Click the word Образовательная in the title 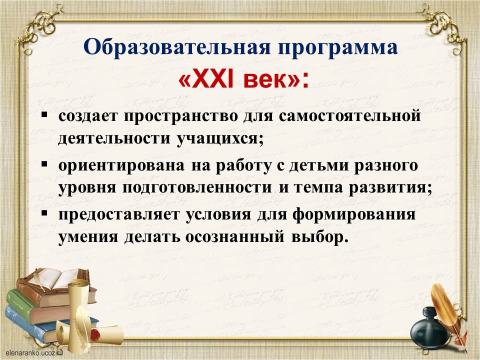tap(177, 47)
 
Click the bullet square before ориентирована tap(44, 164)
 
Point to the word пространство tap(180, 117)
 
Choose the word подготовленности tap(197, 188)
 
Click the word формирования tap(354, 215)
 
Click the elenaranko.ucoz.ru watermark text tap(33, 353)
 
